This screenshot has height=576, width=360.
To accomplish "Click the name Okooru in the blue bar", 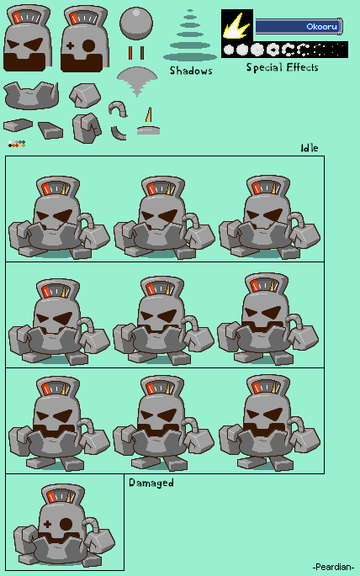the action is tap(322, 26).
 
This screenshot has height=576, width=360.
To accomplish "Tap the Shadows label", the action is tap(191, 71).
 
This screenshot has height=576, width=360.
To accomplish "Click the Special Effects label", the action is tap(282, 67).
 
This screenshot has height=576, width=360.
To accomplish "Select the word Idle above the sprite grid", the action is tap(310, 148).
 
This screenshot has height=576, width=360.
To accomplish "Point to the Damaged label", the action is tap(151, 483).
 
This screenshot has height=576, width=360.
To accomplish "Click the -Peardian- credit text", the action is tap(333, 567).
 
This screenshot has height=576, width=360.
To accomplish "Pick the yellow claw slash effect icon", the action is tap(237, 25).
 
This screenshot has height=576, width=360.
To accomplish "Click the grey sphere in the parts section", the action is tap(136, 24).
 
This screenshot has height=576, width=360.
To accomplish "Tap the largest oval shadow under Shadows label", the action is tap(190, 57).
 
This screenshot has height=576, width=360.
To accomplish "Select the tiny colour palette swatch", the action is tap(17, 144).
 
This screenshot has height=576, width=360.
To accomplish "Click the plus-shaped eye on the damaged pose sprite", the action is tap(47, 524).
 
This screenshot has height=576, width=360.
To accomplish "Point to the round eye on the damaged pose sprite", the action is tap(66, 524).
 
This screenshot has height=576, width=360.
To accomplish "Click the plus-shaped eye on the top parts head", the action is tap(70, 46).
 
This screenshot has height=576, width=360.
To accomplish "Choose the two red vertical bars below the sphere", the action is tap(136, 52).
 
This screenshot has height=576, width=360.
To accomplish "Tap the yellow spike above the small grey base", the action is tap(149, 114).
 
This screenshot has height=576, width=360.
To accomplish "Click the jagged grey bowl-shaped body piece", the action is tap(31, 96).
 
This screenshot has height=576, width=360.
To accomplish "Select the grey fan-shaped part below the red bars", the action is tap(137, 81).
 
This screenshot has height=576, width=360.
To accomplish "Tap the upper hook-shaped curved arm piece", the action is tap(118, 109).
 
